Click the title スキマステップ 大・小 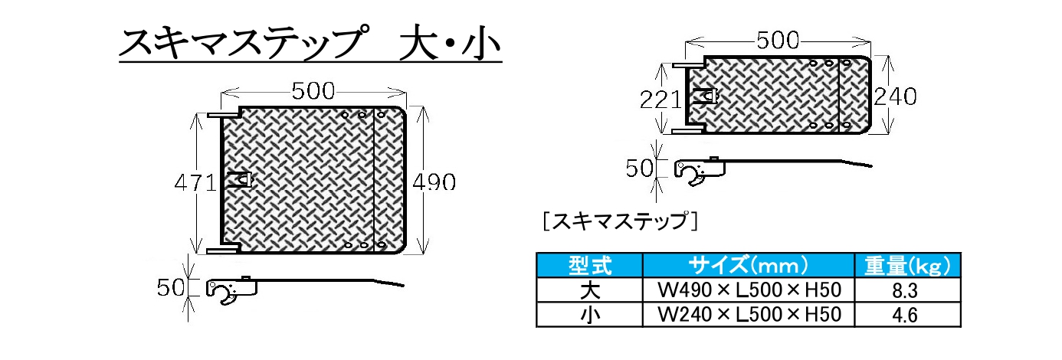tap(311, 44)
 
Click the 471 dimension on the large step tap(196, 183)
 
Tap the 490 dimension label tap(434, 182)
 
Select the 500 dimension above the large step tap(313, 91)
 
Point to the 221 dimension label tap(660, 100)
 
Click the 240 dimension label tap(896, 97)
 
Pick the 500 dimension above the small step tap(778, 41)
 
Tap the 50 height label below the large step tap(171, 287)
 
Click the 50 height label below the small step tap(640, 169)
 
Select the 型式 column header tap(590, 266)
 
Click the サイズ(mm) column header tap(748, 265)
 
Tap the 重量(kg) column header tap(907, 266)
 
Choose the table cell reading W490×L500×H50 tap(749, 290)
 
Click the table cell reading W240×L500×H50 tap(749, 315)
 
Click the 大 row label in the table tap(590, 290)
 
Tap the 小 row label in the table tap(590, 315)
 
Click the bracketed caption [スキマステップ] tap(620, 221)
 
